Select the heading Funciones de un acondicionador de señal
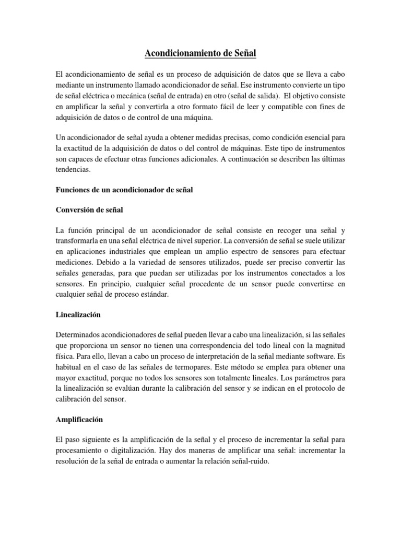click(124, 190)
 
